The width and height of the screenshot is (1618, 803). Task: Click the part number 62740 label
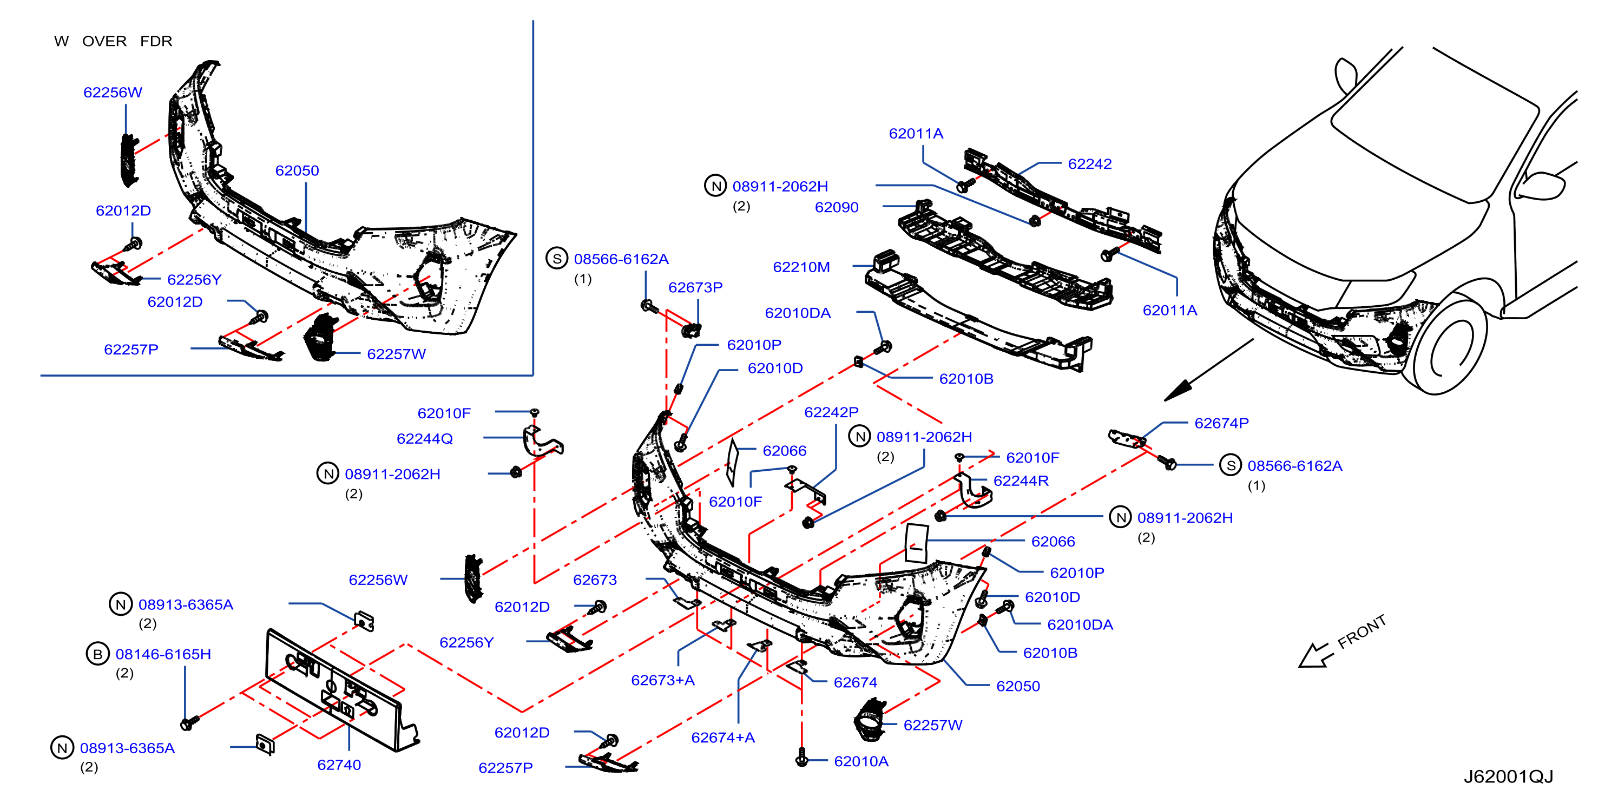(x=339, y=765)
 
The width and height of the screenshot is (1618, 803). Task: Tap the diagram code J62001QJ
(x=1508, y=776)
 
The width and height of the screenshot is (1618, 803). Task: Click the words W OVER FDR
(x=113, y=42)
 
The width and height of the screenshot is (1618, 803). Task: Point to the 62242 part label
(x=1090, y=164)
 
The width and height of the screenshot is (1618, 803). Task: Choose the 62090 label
(x=837, y=207)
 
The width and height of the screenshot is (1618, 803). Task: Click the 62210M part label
(x=801, y=267)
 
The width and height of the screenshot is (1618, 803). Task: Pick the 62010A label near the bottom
(x=861, y=761)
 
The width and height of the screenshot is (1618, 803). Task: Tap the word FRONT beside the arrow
(x=1361, y=631)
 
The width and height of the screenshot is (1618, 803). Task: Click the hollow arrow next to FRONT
(x=1316, y=655)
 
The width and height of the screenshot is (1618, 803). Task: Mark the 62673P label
(x=695, y=287)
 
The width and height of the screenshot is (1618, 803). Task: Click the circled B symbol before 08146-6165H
(x=97, y=654)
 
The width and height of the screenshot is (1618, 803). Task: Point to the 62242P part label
(x=831, y=412)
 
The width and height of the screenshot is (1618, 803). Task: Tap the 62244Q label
(x=425, y=439)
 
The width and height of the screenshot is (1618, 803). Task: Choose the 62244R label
(x=1021, y=481)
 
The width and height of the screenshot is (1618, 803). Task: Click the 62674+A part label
(x=723, y=738)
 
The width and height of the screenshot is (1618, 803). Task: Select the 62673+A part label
(x=663, y=680)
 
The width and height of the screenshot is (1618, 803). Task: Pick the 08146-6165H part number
(x=163, y=654)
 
